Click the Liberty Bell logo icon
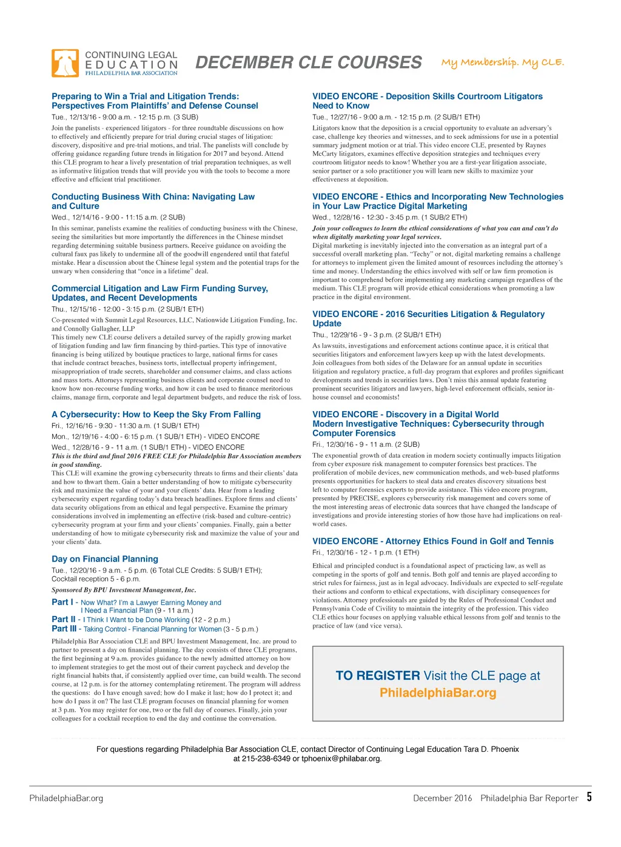(x=65, y=63)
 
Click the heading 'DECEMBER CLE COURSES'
(x=308, y=63)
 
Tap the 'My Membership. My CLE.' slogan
(x=502, y=62)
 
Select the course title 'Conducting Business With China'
(x=153, y=197)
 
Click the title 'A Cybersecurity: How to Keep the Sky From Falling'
(x=156, y=415)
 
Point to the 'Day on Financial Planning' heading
(x=105, y=559)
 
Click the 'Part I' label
(x=62, y=602)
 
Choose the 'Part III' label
(x=64, y=629)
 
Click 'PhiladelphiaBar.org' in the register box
(x=438, y=693)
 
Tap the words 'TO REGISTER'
(x=378, y=676)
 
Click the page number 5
(x=589, y=797)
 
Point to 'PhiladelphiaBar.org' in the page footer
(x=66, y=798)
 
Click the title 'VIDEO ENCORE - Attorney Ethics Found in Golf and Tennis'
(x=433, y=541)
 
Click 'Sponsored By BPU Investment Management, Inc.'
(x=124, y=590)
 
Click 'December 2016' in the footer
(x=442, y=798)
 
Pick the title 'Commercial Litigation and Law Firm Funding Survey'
(x=159, y=289)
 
